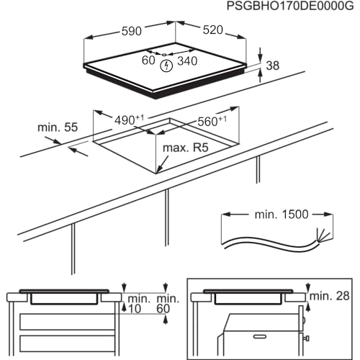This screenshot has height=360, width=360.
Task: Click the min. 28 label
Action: point(330,296)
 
